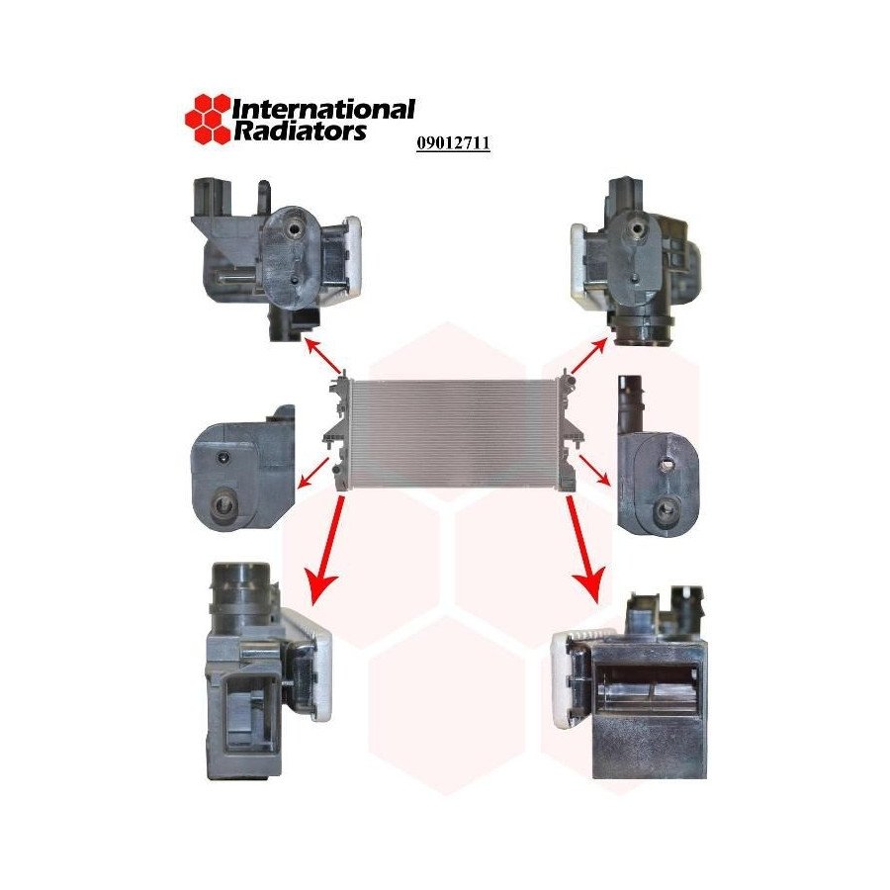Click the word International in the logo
324,109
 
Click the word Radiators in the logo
301,131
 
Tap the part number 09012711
453,143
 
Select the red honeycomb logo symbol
209,119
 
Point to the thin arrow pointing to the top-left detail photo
324,355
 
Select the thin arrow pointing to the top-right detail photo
588,356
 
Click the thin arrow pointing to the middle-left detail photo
313,473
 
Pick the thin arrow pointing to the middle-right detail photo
594,470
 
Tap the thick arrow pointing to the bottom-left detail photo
327,547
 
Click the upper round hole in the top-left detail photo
295,229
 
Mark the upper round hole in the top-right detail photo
636,228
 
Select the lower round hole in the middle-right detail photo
665,508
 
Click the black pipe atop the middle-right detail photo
630,404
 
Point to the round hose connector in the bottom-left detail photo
241,587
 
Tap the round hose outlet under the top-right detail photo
645,333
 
